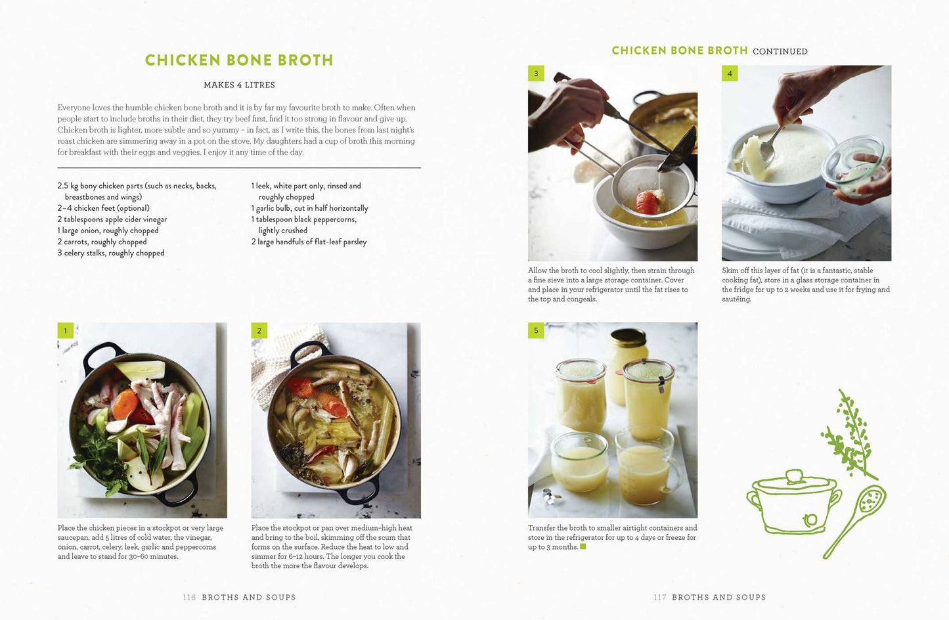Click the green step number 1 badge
click(65, 330)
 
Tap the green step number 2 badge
click(259, 330)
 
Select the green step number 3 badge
click(536, 74)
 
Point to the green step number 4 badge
click(730, 74)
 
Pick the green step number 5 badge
click(536, 330)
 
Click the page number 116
click(189, 597)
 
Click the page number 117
click(659, 597)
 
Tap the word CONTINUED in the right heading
click(780, 52)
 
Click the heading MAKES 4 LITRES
click(239, 85)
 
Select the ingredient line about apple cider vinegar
click(112, 219)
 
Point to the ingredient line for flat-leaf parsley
click(309, 242)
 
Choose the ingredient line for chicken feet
click(103, 208)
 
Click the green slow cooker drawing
click(794, 501)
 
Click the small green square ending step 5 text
click(583, 546)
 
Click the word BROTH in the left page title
click(305, 60)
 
